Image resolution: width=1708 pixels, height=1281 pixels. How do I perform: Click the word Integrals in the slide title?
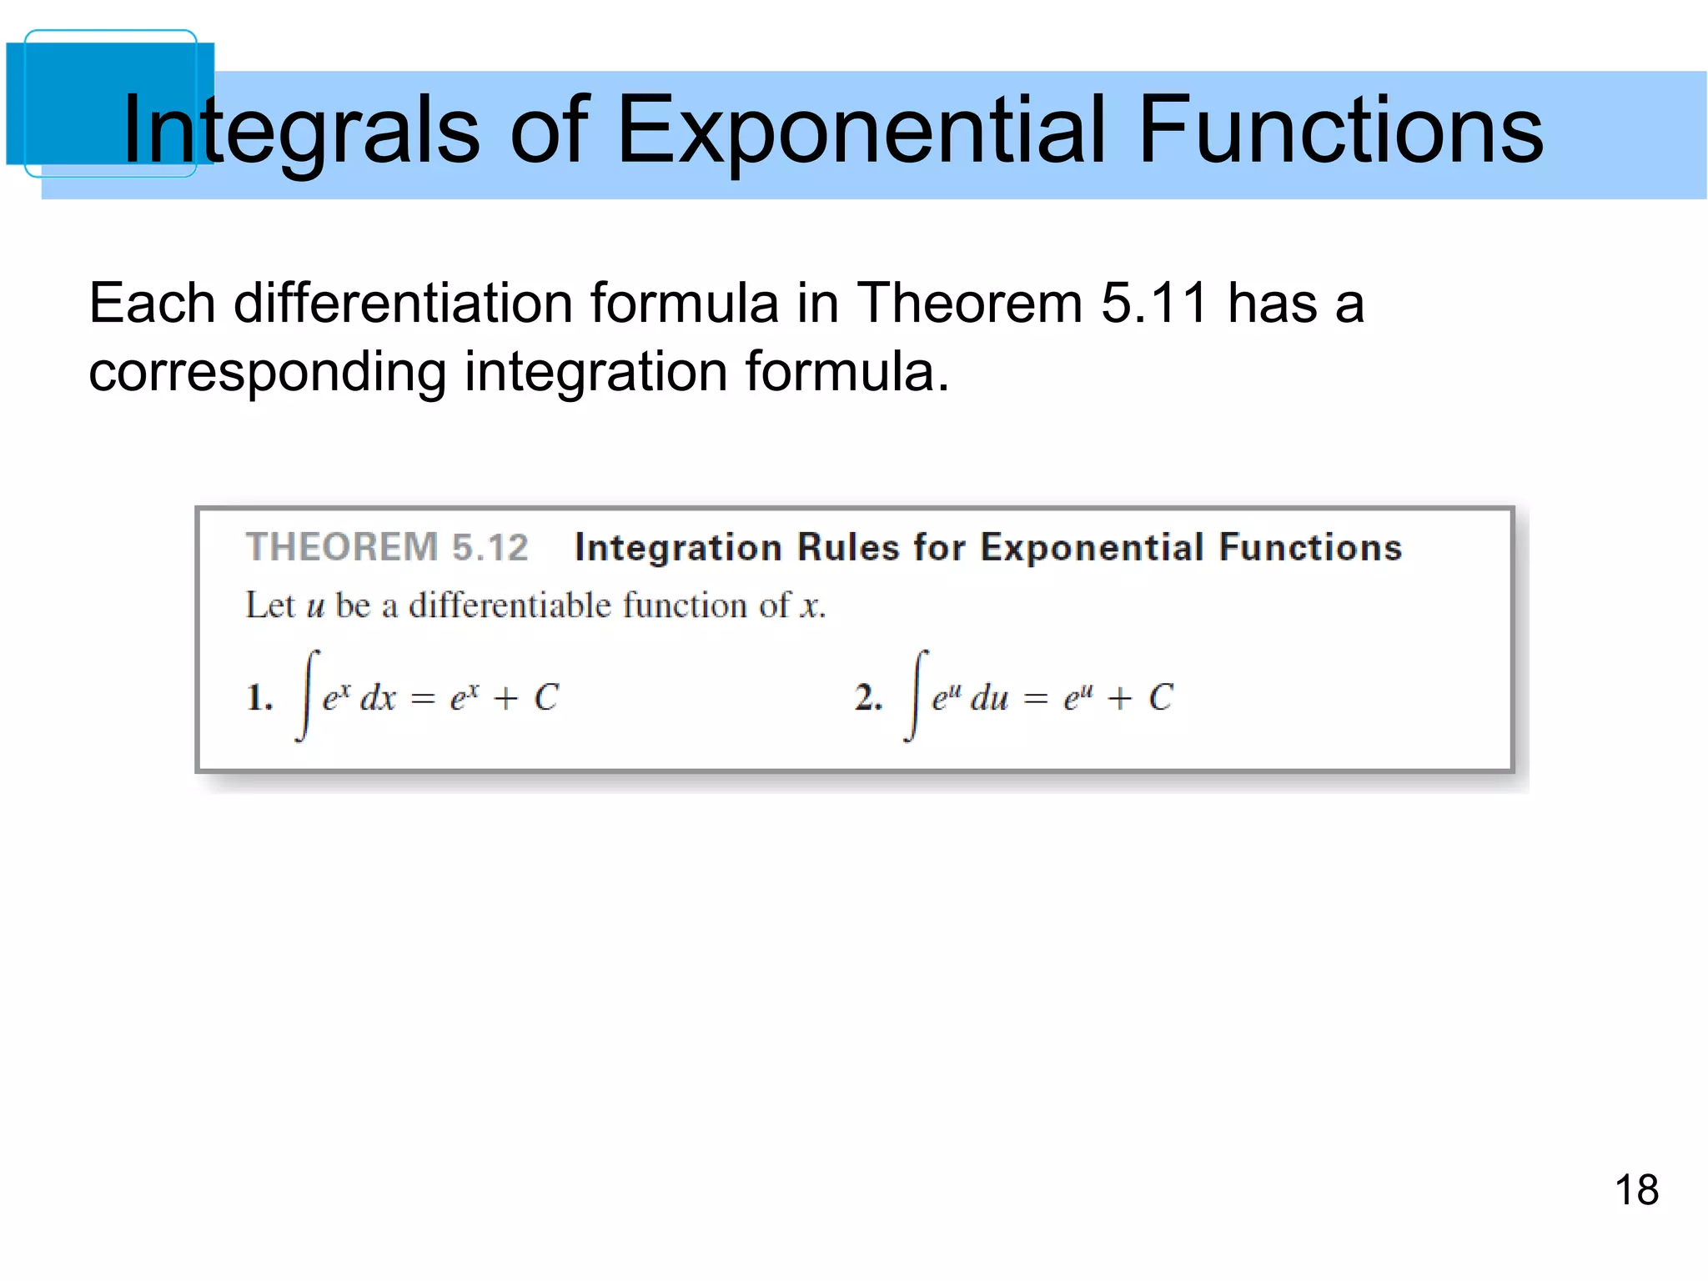pos(300,131)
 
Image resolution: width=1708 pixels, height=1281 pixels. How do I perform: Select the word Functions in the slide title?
pos(1340,131)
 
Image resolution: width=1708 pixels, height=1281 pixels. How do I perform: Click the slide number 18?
pos(1636,1190)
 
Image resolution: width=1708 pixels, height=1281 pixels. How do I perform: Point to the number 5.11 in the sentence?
pos(1154,302)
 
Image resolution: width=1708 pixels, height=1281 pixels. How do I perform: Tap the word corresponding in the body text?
pos(267,372)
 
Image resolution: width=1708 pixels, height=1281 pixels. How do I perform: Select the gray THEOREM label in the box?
pos(342,548)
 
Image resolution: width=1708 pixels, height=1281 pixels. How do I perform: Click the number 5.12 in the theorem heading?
pos(490,548)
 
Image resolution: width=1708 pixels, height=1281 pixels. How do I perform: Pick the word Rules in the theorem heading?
pos(848,548)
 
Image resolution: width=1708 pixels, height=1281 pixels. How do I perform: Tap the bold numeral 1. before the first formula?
pos(259,697)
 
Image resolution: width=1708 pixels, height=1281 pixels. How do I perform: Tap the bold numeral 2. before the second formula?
pos(868,697)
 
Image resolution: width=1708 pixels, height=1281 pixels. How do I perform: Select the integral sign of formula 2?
pos(917,696)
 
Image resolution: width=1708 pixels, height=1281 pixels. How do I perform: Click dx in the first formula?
pos(378,698)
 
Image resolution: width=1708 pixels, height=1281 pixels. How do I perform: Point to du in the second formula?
pos(989,698)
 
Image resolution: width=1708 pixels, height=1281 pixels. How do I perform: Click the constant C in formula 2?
pos(1160,698)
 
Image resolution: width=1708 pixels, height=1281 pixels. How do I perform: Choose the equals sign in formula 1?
pos(423,699)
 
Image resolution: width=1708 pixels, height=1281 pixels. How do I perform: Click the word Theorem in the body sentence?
pos(970,302)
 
